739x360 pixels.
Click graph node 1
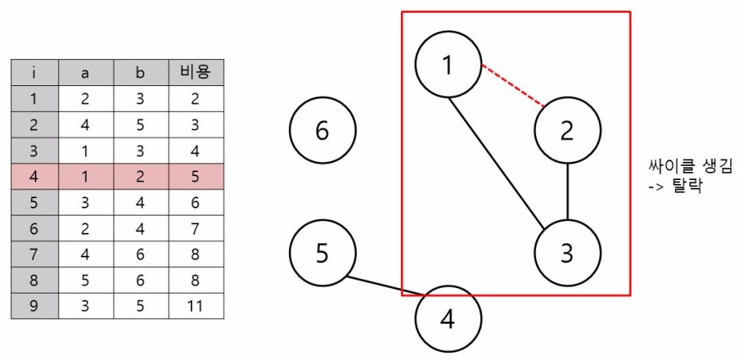[448, 65]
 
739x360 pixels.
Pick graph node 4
[448, 321]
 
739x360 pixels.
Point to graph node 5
[322, 253]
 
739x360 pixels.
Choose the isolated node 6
[322, 130]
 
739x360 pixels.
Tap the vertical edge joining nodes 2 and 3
[568, 192]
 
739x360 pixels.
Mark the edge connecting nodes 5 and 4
[385, 287]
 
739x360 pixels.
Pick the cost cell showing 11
[196, 306]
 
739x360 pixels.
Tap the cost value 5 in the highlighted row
[196, 177]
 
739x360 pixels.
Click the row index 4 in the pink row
[34, 177]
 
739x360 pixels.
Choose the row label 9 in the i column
[34, 306]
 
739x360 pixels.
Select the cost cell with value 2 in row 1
[196, 99]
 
